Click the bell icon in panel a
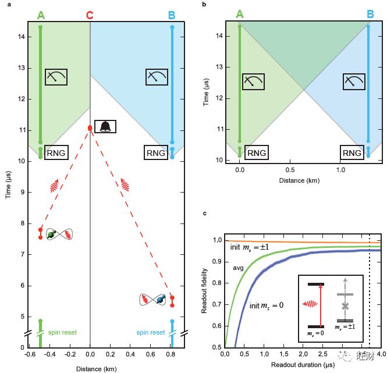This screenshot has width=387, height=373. click(x=105, y=126)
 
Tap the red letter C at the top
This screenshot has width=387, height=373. click(x=90, y=15)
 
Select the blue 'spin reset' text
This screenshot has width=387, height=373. click(x=151, y=332)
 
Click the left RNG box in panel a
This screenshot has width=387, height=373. click(x=56, y=153)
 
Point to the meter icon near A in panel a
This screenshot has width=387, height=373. click(x=56, y=76)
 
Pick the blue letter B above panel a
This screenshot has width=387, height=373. click(x=172, y=15)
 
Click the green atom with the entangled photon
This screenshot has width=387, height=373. click(x=51, y=235)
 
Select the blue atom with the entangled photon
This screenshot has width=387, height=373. click(x=161, y=299)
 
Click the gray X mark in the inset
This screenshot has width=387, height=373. click(x=346, y=306)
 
